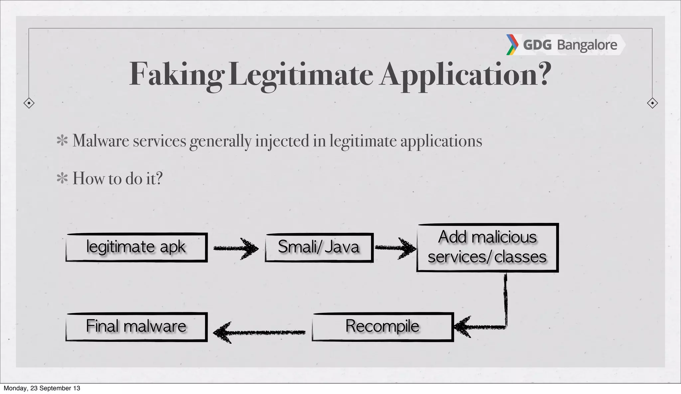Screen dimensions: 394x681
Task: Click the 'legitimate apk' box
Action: point(136,247)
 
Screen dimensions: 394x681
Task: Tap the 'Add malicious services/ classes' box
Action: point(487,247)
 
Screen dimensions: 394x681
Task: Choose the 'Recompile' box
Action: point(382,326)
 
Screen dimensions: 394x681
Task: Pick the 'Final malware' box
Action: point(136,326)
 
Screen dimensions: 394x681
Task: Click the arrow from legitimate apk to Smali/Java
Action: point(236,248)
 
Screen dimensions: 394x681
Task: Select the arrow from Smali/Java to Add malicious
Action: point(396,248)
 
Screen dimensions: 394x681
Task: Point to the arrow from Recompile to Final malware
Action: point(259,332)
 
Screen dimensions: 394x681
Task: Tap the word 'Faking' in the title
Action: point(176,75)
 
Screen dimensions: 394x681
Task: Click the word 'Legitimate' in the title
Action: point(301,75)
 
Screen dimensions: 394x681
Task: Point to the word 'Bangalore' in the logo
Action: point(587,45)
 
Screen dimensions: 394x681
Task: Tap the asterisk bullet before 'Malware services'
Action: point(62,140)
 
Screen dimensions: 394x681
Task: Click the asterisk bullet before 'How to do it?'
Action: point(62,178)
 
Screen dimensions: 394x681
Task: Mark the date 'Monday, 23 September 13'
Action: point(42,388)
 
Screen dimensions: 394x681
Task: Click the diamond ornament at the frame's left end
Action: point(29,103)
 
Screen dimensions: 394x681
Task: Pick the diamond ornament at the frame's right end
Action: point(652,103)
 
